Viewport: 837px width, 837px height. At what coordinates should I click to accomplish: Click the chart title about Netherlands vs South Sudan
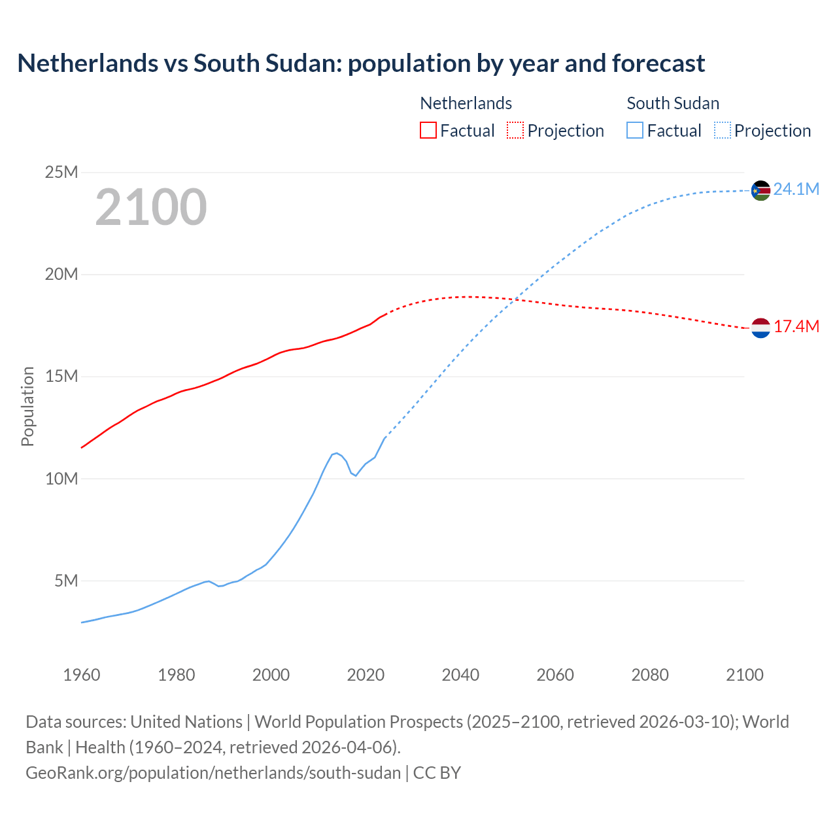361,63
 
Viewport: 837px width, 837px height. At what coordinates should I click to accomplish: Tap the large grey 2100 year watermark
151,207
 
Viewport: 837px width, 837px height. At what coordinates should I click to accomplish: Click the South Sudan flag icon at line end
760,190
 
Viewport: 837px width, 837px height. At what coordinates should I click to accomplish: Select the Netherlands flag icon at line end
760,328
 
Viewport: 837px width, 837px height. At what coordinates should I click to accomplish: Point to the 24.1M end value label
796,190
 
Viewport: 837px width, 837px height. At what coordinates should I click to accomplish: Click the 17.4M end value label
796,327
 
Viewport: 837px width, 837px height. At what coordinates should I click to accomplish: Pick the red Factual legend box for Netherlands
428,131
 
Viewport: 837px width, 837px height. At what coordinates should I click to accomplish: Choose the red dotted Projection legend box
515,131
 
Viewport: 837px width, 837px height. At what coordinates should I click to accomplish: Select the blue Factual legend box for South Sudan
635,131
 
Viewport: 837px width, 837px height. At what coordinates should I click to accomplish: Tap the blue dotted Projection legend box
722,131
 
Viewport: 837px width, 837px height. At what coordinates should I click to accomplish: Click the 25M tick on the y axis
61,173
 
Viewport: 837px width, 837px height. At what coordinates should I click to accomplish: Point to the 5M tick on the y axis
65,581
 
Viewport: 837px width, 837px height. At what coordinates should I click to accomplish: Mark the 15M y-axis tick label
61,377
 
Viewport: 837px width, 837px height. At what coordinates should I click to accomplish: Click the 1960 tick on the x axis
82,675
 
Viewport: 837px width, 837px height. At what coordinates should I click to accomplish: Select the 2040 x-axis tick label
460,675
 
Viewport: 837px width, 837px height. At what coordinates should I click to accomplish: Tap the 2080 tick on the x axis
650,675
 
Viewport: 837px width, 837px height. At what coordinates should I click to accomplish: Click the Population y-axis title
27,406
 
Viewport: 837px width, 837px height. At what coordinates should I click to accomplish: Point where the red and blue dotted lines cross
515,299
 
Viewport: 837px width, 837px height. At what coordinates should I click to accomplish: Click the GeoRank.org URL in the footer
213,773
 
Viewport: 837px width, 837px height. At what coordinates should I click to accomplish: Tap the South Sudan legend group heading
673,103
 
